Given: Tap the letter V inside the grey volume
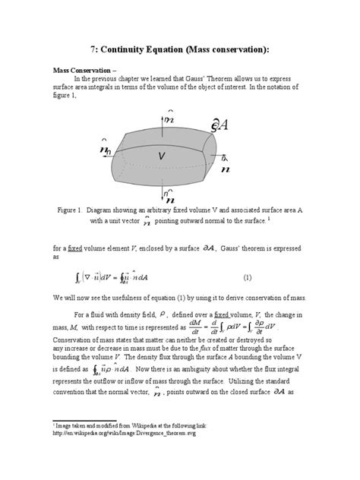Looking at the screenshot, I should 162,156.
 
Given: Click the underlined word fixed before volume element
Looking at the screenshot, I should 75,247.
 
